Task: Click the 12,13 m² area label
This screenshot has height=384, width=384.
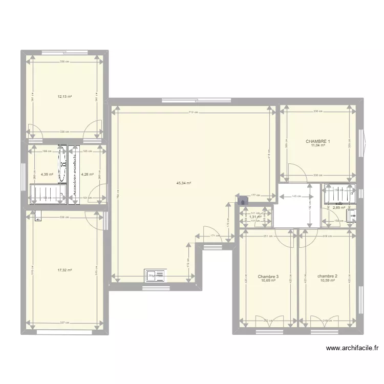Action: pos(65,96)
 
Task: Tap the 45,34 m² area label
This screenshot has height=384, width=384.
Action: pos(183,183)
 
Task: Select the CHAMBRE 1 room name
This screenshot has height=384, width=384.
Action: pos(318,141)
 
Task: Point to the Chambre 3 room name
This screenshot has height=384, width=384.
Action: pos(268,276)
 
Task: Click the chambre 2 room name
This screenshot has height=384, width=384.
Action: pos(327,276)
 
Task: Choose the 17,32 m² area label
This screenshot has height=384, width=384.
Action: pos(65,270)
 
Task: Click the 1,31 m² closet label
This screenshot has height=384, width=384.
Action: pos(255,217)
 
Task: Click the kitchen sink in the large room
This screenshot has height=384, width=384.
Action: pos(155,275)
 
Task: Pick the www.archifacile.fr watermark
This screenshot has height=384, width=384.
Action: pos(352,349)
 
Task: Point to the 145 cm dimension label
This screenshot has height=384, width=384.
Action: pos(296,196)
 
